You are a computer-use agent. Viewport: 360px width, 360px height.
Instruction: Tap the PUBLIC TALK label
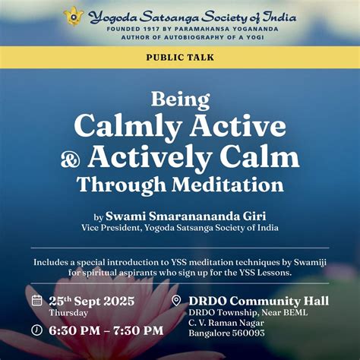[x=180, y=57]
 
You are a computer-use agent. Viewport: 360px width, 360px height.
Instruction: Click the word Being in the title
[x=180, y=99]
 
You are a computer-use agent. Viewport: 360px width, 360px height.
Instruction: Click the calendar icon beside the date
[x=36, y=300]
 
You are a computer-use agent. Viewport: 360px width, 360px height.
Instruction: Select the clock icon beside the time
[x=36, y=330]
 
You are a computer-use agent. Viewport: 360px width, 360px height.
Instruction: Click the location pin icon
[x=176, y=301]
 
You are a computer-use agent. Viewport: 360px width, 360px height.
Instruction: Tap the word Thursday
[x=68, y=312]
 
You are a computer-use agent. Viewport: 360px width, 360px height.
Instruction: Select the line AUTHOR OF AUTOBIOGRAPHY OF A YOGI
[x=180, y=36]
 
